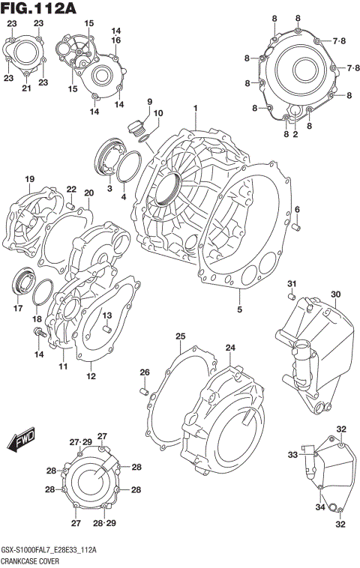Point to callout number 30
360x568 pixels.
click(x=336, y=294)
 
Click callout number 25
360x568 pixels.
click(x=180, y=336)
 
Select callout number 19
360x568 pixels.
click(x=30, y=179)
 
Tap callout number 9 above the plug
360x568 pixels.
click(x=149, y=102)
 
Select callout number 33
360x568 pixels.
click(x=293, y=454)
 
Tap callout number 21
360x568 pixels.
click(x=26, y=89)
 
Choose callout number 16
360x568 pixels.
click(x=116, y=40)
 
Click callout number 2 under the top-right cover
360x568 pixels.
click(x=295, y=134)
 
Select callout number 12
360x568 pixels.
click(x=91, y=376)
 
